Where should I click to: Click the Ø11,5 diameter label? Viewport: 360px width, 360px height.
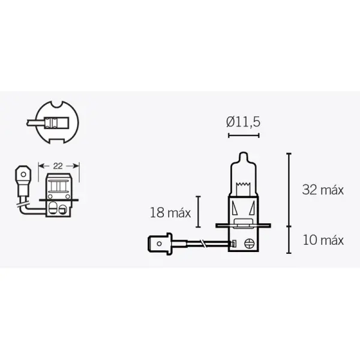coord(244,122)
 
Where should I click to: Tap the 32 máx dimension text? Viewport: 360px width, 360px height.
coord(323,190)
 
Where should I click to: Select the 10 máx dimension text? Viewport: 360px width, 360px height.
coord(323,240)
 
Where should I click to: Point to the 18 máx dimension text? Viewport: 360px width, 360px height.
coord(170,212)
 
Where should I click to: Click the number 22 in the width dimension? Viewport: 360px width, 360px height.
coord(59,164)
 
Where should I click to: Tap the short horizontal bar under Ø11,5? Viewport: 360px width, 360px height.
coord(244,136)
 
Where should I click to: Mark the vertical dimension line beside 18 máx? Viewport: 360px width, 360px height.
coord(198,211)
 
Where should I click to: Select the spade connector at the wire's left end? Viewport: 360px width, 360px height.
coord(158,244)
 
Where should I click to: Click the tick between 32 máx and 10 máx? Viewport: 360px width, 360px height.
coord(289,226)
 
